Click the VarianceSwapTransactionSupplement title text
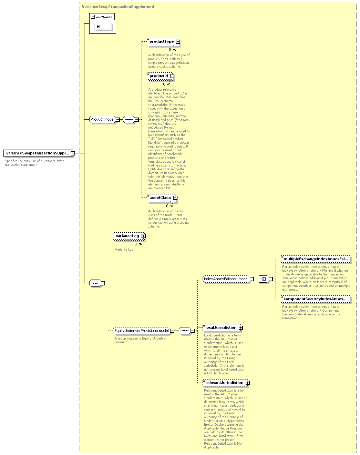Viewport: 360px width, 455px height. (118, 7)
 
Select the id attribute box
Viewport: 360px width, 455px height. (103, 26)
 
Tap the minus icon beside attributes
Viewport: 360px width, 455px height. (93, 17)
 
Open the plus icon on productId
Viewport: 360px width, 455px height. (172, 76)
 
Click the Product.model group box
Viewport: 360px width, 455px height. (103, 120)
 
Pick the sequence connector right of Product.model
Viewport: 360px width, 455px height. (129, 120)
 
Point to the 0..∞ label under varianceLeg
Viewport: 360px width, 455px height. (138, 244)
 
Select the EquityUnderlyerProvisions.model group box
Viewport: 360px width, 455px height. (142, 331)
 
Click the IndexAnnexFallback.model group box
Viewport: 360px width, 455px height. (226, 279)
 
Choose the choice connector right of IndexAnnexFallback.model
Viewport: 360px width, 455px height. (263, 279)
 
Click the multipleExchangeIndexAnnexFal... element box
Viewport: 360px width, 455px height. (316, 259)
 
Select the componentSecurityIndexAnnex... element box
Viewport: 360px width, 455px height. (316, 299)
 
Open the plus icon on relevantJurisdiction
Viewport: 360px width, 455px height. (248, 383)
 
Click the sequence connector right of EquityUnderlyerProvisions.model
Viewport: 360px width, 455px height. (185, 331)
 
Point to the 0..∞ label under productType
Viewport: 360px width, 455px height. (173, 50)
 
